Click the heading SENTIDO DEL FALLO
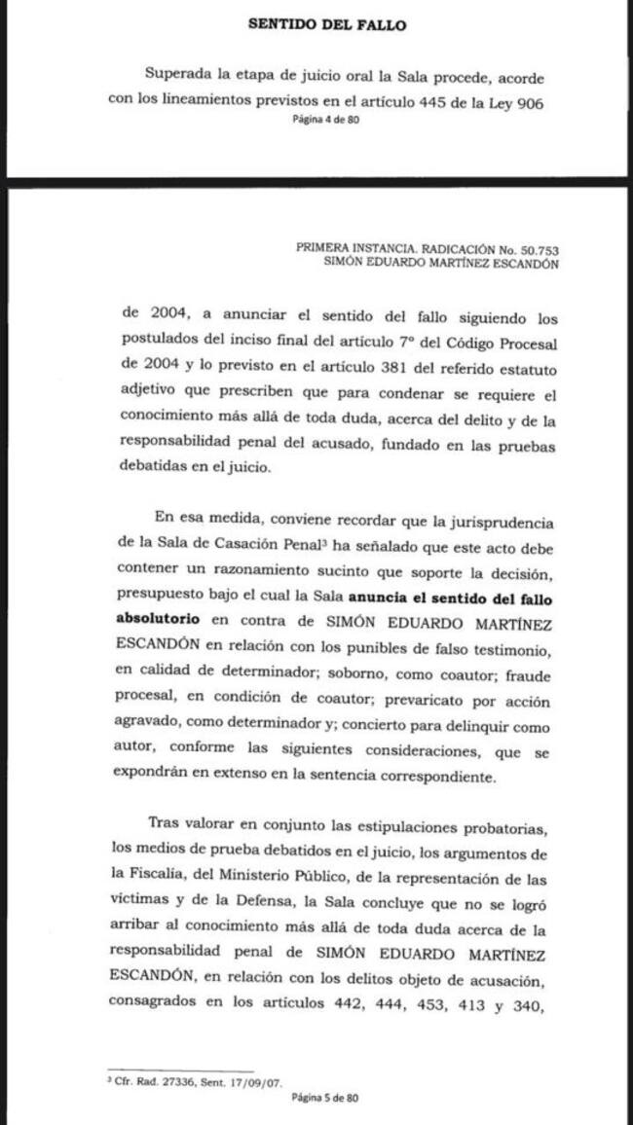pyautogui.click(x=326, y=25)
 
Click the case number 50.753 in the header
pyautogui.click(x=538, y=248)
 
